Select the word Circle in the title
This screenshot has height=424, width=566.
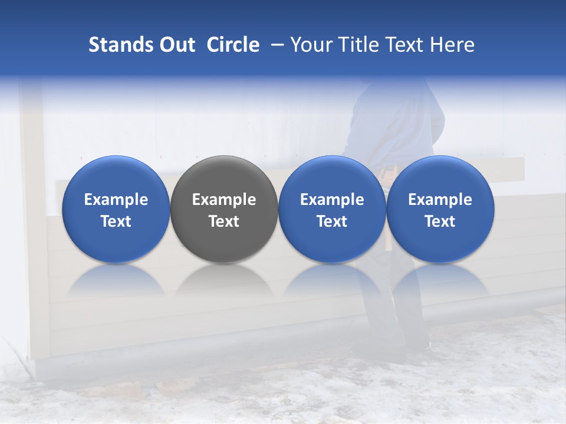(233, 45)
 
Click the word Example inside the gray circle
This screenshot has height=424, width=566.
(224, 200)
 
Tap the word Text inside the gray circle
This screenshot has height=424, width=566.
(224, 221)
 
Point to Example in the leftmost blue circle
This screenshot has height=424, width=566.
(116, 200)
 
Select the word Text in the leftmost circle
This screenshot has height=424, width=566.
(116, 221)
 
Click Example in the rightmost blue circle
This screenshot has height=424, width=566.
(440, 200)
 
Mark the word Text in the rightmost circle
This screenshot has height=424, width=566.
(440, 221)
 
